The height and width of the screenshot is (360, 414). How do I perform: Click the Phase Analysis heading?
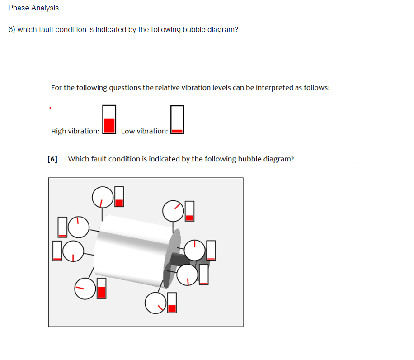[33, 8]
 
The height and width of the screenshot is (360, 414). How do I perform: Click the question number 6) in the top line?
[12, 30]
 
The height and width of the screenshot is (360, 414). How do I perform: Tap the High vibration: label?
[75, 131]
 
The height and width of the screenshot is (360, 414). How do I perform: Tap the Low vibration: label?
[144, 131]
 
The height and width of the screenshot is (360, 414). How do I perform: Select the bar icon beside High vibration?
[109, 119]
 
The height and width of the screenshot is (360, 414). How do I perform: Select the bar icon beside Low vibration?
[177, 120]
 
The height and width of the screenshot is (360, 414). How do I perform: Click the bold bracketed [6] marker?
[52, 159]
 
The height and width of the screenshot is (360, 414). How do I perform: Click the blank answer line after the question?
[335, 161]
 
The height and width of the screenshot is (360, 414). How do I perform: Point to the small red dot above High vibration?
[50, 108]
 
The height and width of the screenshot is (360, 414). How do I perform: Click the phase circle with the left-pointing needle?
[85, 288]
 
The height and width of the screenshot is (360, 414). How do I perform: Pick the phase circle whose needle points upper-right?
[174, 211]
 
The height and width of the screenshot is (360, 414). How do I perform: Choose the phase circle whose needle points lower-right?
[155, 303]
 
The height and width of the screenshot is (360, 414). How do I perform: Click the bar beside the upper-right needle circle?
[190, 211]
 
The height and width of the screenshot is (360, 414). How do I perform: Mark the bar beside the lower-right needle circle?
[172, 303]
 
